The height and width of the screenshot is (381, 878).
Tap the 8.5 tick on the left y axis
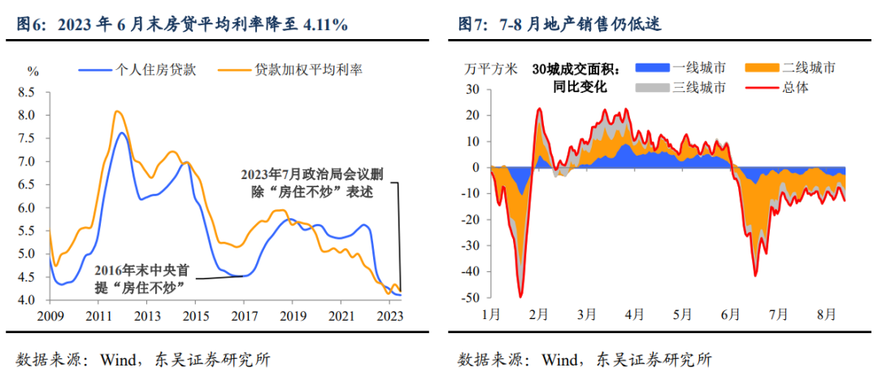27,92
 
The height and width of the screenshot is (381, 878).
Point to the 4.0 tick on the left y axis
27,300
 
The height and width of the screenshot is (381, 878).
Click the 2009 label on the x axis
50,316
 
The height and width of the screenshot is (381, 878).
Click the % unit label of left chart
33,71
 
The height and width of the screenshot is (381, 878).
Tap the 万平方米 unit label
490,68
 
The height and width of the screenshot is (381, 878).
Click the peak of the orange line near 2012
117,111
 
